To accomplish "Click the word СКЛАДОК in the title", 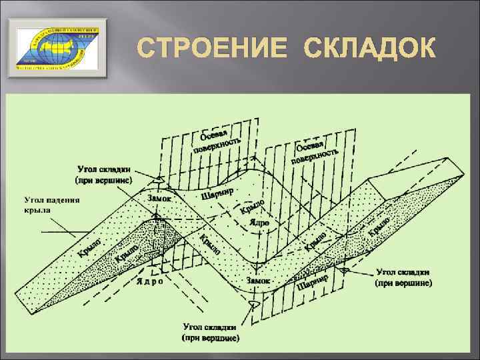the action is (370, 49).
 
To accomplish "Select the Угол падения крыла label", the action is (51, 204).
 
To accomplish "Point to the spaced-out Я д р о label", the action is (149, 281).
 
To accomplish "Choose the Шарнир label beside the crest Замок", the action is (217, 193).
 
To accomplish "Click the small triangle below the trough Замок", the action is (253, 304).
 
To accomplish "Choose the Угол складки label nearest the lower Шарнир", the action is (404, 277).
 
